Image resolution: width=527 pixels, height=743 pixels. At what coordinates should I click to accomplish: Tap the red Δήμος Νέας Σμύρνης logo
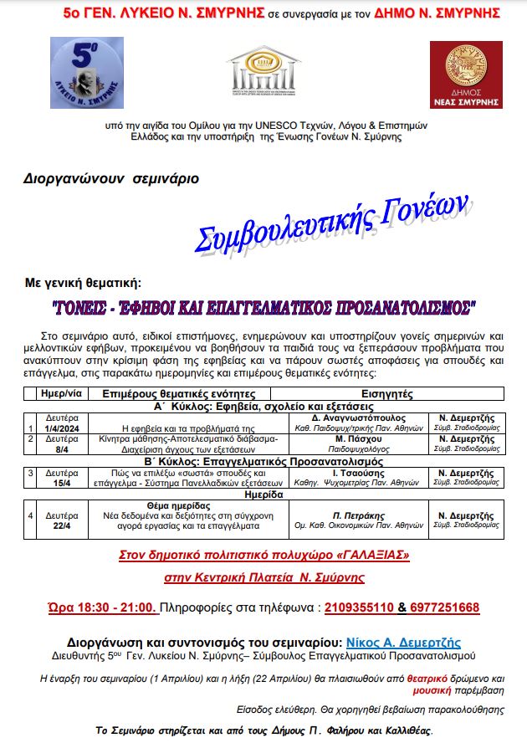pyautogui.click(x=466, y=74)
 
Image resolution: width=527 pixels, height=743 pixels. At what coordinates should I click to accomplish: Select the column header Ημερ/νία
pyautogui.click(x=62, y=392)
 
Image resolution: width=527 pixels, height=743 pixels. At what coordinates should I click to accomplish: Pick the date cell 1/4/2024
pyautogui.click(x=62, y=428)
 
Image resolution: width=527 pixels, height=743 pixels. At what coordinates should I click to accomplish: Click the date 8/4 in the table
pyautogui.click(x=62, y=449)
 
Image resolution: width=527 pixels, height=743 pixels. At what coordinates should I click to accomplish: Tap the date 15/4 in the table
pyautogui.click(x=62, y=484)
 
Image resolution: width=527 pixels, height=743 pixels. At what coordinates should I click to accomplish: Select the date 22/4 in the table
pyautogui.click(x=62, y=526)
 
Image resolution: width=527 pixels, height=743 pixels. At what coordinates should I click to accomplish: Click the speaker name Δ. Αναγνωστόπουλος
pyautogui.click(x=359, y=417)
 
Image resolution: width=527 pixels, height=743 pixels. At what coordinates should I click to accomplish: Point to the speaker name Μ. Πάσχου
pyautogui.click(x=359, y=438)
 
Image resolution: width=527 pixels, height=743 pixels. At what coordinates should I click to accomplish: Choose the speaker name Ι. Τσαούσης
pyautogui.click(x=359, y=473)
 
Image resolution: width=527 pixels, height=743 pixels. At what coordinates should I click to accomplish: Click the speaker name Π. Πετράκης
pyautogui.click(x=359, y=515)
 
